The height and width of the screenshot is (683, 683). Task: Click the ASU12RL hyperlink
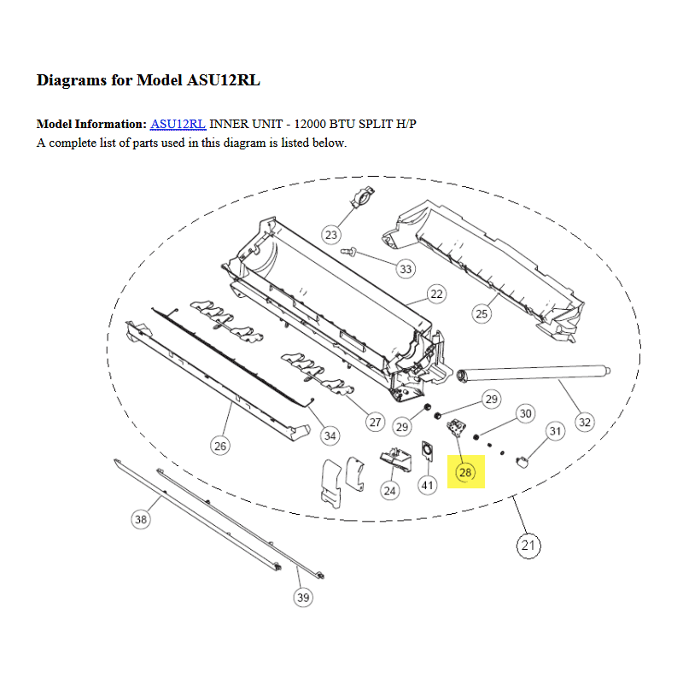coord(178,124)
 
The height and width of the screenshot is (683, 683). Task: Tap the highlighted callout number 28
coord(465,472)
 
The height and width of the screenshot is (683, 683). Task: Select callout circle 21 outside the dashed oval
coord(528,546)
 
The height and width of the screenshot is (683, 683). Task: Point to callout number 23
coord(331,236)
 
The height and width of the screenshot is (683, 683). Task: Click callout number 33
coord(406,269)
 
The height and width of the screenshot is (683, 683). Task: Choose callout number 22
coord(436,294)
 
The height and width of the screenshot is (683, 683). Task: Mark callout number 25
coord(482,313)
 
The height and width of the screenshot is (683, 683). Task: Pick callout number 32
coord(585,422)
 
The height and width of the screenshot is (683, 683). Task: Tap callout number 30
coord(526,413)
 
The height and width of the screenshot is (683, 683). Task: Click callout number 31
coord(555,431)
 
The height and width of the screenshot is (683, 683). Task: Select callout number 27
coord(375,422)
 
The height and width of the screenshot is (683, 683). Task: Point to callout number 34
coord(330,435)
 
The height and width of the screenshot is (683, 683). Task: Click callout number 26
coord(220,446)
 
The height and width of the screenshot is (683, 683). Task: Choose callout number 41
coord(428,485)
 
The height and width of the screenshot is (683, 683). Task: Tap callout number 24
coord(389,491)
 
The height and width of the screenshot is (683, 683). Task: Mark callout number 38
coord(141,519)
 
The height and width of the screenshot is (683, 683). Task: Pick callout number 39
coord(303,597)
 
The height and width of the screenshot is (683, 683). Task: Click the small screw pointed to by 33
coord(348,251)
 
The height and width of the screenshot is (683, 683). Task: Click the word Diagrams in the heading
coord(72,80)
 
